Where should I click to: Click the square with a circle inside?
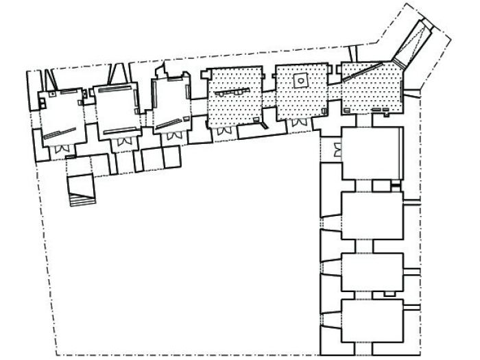[298, 81]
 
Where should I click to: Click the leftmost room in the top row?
[62, 113]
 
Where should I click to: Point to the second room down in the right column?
[371, 215]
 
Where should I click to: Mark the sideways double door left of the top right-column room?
[336, 151]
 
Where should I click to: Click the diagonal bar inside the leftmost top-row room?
[60, 134]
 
